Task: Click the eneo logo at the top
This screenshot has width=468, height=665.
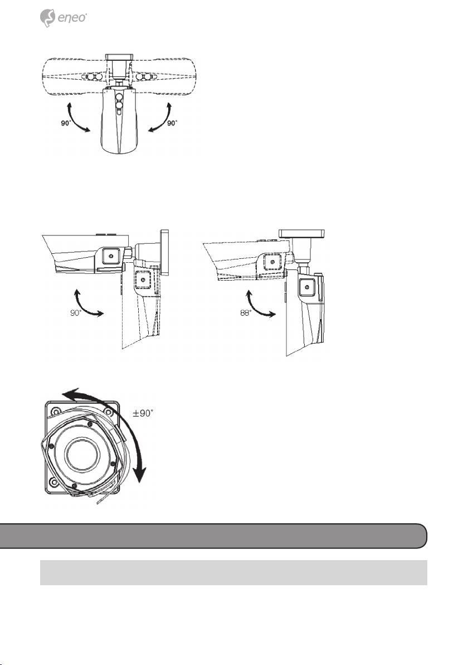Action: (63, 18)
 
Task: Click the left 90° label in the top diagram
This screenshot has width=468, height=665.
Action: (66, 123)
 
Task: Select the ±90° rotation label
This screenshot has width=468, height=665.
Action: (142, 413)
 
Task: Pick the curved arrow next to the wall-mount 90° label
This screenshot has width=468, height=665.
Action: (87, 303)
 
